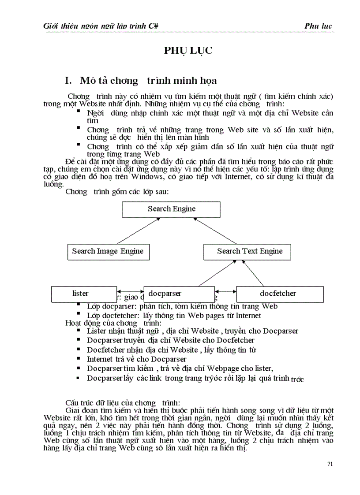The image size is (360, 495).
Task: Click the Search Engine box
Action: pyautogui.click(x=171, y=209)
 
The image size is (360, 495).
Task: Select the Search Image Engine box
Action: pyautogui.click(x=108, y=252)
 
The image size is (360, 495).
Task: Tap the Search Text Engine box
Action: pyautogui.click(x=249, y=252)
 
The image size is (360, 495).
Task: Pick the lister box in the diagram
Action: pyautogui.click(x=80, y=294)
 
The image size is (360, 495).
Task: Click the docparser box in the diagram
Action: pyautogui.click(x=179, y=294)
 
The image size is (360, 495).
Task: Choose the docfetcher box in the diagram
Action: pyautogui.click(x=277, y=294)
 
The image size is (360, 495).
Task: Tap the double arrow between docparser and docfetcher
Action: pyautogui.click(x=225, y=291)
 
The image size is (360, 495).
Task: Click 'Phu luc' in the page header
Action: pyautogui.click(x=318, y=26)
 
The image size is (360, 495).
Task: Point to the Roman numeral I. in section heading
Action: pyautogui.click(x=68, y=81)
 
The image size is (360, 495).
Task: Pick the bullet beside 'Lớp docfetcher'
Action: pyautogui.click(x=79, y=314)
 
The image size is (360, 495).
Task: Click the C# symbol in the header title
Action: pyautogui.click(x=154, y=26)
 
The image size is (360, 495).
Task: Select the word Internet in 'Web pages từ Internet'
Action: pyautogui.click(x=247, y=316)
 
